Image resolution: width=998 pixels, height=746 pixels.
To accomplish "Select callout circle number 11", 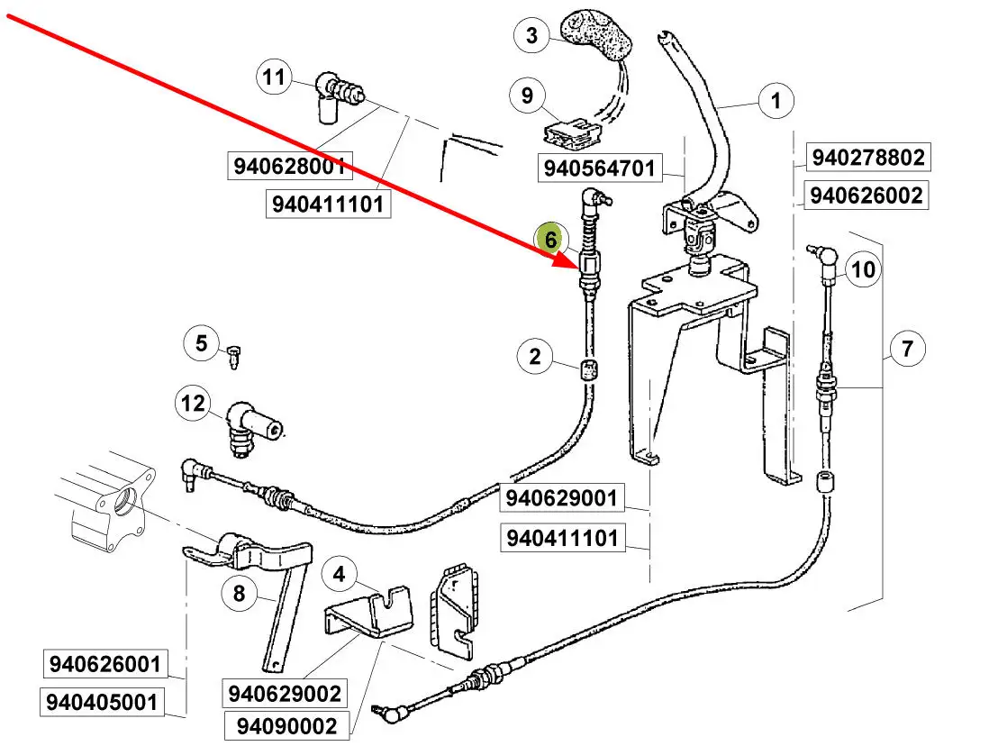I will (x=274, y=77).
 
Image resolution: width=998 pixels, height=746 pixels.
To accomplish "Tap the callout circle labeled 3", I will (x=531, y=36).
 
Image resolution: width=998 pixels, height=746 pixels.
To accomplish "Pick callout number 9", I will (x=528, y=96).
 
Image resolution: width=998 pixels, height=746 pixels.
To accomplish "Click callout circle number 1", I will (x=776, y=101).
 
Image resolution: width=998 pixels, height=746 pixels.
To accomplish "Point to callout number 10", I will (x=862, y=268).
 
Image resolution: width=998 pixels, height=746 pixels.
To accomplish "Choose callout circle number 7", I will (x=907, y=349).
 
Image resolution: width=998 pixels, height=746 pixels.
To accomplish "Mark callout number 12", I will (x=194, y=403).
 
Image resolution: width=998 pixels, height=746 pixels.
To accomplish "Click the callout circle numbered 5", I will (x=201, y=343).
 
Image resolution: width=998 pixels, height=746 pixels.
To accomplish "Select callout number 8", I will (x=239, y=593).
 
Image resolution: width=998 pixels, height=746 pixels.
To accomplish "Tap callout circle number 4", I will (x=339, y=573).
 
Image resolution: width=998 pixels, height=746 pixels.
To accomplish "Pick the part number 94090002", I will (x=286, y=725).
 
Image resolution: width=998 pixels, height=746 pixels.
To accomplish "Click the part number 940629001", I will (x=562, y=498).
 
